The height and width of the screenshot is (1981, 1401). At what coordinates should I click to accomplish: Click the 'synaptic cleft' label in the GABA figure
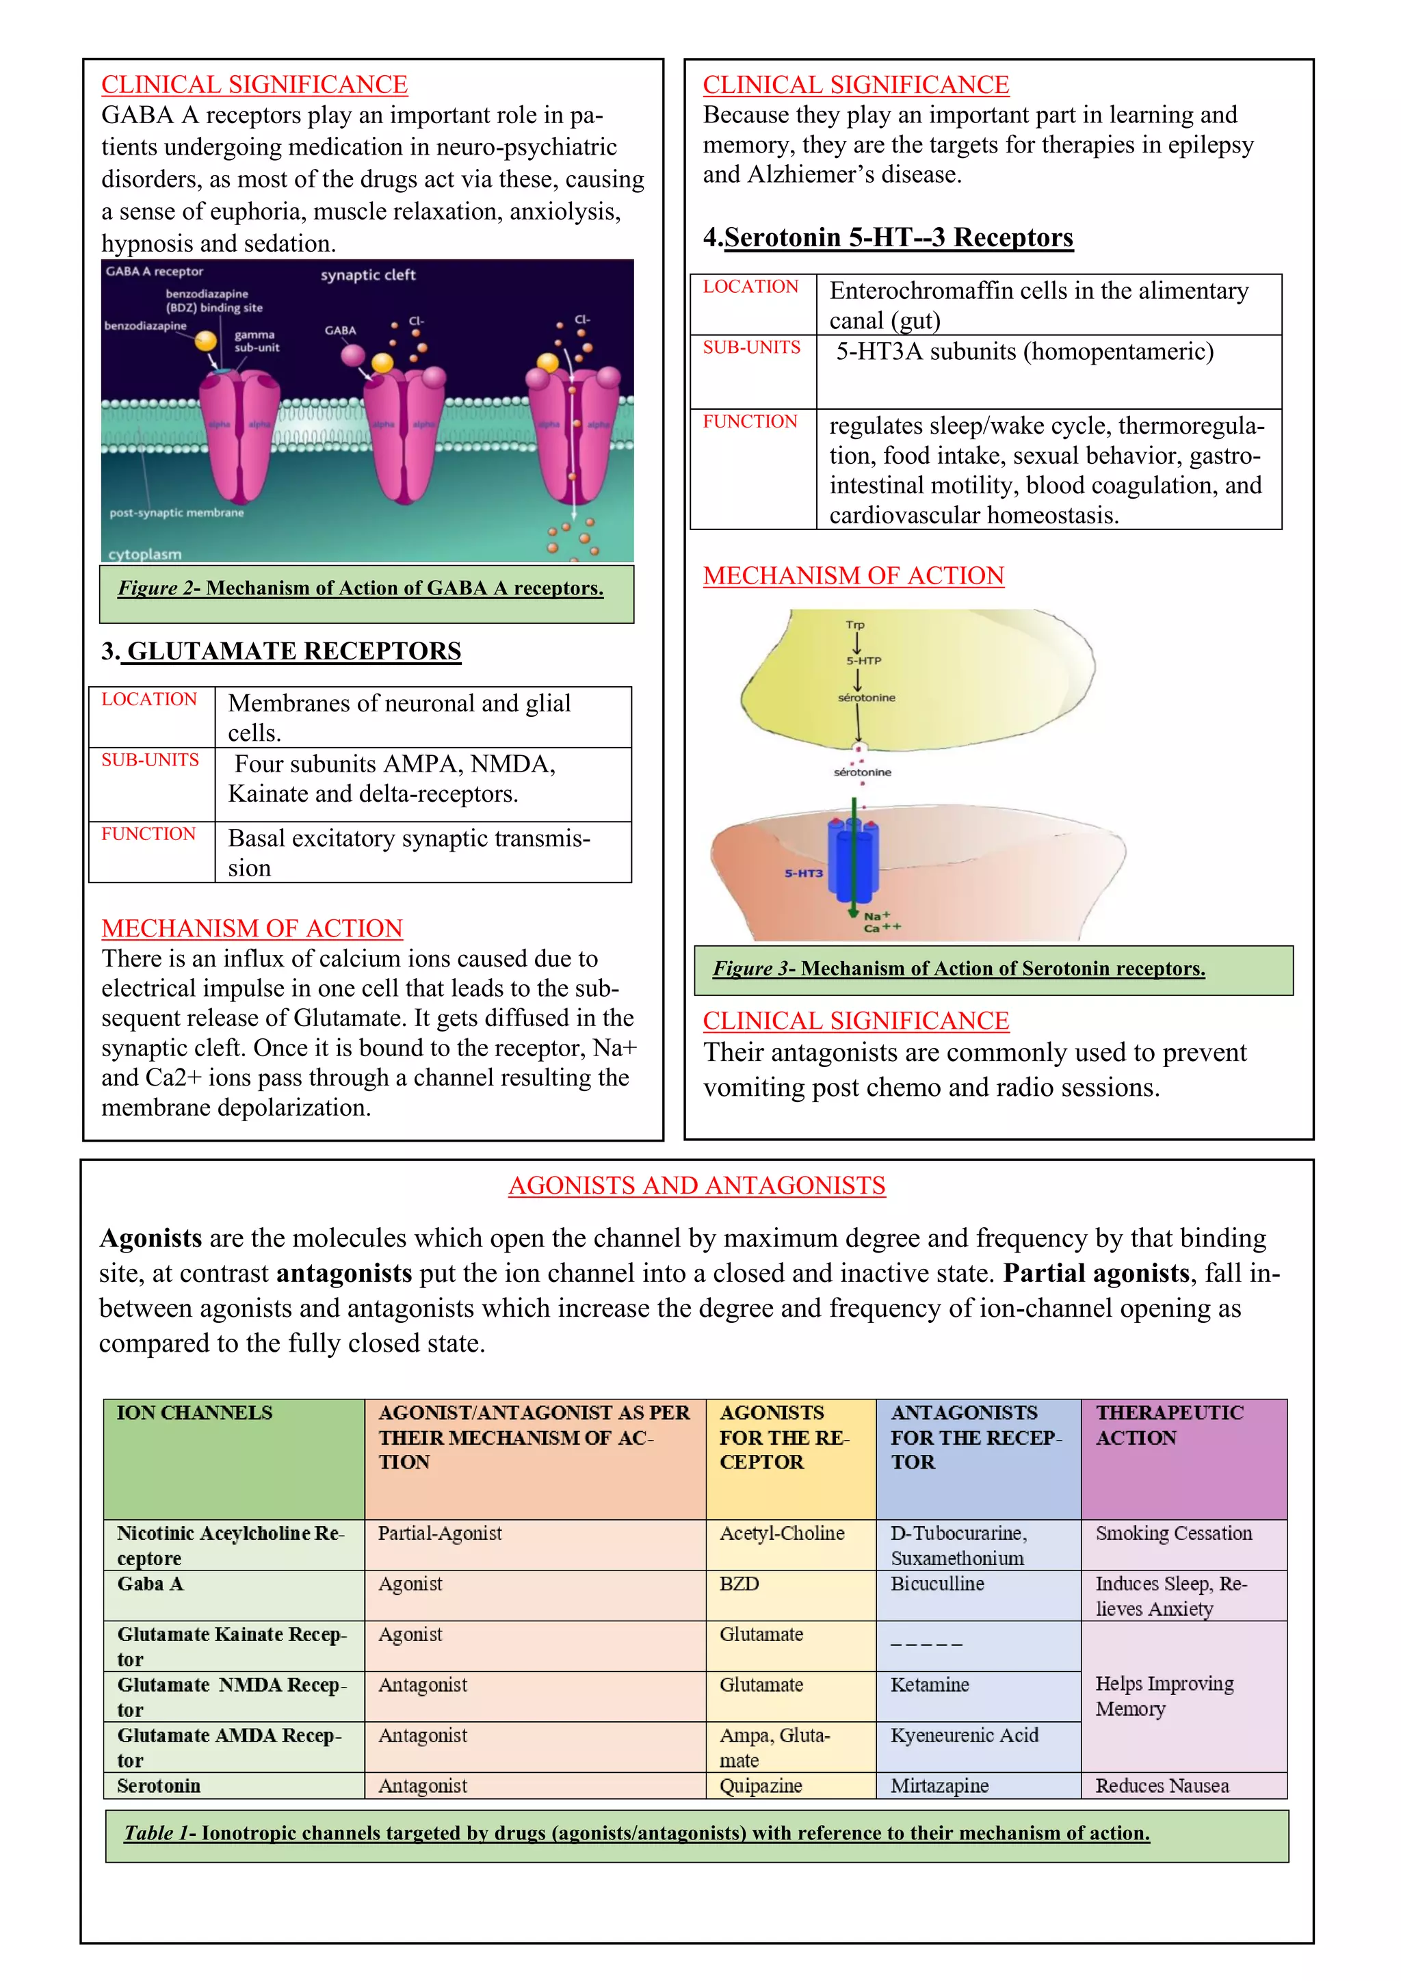[x=367, y=275]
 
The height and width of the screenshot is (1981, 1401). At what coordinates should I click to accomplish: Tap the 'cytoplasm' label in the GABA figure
[x=144, y=554]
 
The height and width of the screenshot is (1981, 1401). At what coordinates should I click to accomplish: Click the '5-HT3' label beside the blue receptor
[x=803, y=873]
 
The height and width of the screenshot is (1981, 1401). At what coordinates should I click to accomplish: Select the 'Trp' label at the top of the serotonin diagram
[x=855, y=625]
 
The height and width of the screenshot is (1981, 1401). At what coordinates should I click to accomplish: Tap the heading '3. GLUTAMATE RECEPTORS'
[x=281, y=651]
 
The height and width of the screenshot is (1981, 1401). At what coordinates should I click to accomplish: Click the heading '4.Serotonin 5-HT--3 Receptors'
[x=888, y=237]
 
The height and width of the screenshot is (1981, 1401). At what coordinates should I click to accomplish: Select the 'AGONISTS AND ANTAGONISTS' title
[x=696, y=1185]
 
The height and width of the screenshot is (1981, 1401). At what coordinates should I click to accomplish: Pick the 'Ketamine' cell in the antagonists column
[x=929, y=1684]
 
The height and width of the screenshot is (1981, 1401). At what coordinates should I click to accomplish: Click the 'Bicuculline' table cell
[x=937, y=1584]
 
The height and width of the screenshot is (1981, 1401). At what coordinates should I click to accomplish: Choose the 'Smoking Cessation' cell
[x=1173, y=1533]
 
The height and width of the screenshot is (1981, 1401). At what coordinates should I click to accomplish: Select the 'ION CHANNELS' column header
[x=194, y=1413]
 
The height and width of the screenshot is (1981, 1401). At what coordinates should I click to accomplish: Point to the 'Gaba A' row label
[x=150, y=1584]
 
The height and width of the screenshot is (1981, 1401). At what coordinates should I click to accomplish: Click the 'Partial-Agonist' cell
[x=439, y=1533]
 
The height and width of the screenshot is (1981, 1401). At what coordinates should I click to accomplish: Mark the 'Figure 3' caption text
[x=958, y=968]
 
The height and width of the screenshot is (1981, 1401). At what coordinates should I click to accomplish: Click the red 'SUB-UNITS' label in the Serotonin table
[x=751, y=347]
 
